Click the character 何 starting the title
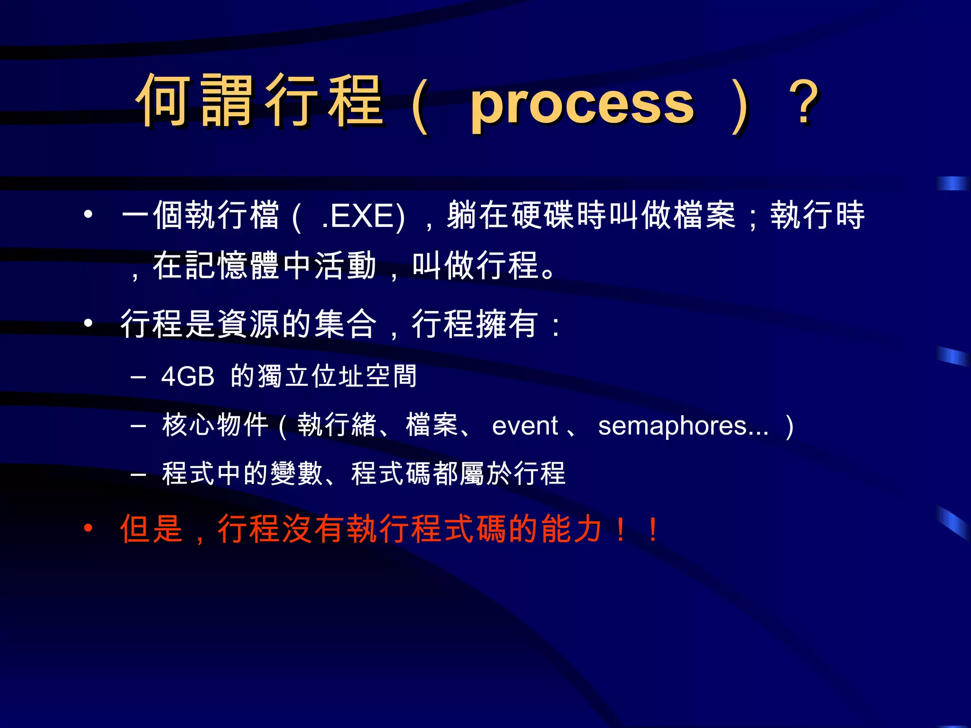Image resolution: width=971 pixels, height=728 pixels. pyautogui.click(x=164, y=100)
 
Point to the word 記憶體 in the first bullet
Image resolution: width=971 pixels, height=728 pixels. pyautogui.click(x=232, y=265)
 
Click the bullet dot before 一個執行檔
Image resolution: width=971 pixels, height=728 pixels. pyautogui.click(x=88, y=215)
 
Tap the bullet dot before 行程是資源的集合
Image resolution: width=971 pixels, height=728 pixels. pyautogui.click(x=88, y=323)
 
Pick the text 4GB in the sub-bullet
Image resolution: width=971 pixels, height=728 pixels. pyautogui.click(x=188, y=377)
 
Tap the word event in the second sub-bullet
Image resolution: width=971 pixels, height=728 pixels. pyautogui.click(x=525, y=426)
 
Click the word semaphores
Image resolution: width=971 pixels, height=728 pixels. pyautogui.click(x=683, y=426)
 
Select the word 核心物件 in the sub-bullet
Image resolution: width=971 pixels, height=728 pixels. pyautogui.click(x=216, y=425)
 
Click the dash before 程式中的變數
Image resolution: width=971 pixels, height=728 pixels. pyautogui.click(x=138, y=473)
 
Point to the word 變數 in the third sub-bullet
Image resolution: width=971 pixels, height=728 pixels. pyautogui.click(x=297, y=473)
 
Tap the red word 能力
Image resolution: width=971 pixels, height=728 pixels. pyautogui.click(x=571, y=529)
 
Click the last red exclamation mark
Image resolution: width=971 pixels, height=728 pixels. pyautogui.click(x=653, y=530)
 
